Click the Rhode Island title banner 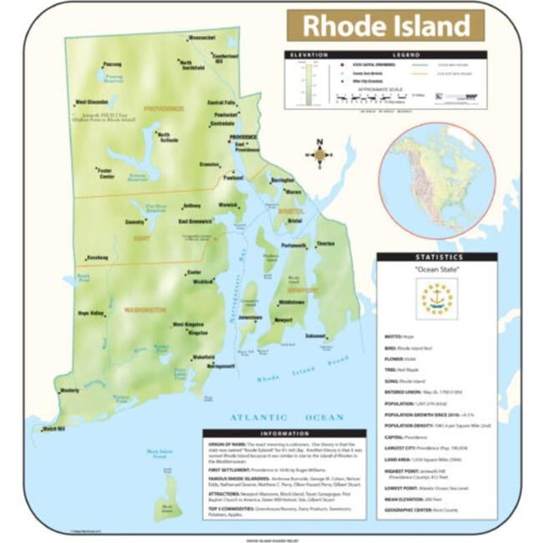[x=385, y=25]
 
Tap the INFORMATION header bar [x=285, y=434]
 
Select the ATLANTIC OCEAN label [x=287, y=417]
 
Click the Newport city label [x=285, y=319]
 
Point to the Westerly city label [x=69, y=389]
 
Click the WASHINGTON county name [x=145, y=309]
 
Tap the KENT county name [x=140, y=238]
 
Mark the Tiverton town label [x=325, y=244]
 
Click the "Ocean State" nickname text [x=436, y=269]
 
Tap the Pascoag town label [x=111, y=64]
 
